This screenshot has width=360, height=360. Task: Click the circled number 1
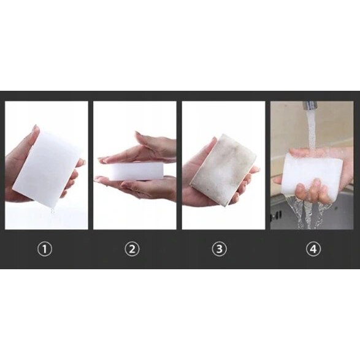[45, 249]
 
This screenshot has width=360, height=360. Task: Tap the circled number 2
[132, 249]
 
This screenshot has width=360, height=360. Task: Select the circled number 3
[220, 249]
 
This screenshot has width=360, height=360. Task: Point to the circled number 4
[313, 249]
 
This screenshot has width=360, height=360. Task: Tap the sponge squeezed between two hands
[136, 171]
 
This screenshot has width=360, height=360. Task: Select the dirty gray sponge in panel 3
[222, 169]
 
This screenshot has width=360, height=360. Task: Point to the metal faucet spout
[310, 105]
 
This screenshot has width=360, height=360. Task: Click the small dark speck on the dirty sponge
[209, 190]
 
